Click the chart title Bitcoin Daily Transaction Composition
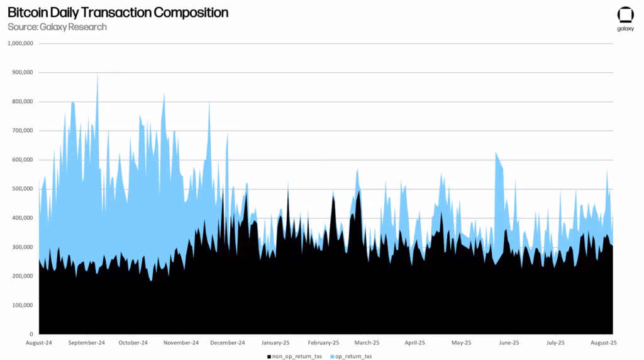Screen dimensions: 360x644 click(x=118, y=13)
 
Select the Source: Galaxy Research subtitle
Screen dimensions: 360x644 click(x=57, y=27)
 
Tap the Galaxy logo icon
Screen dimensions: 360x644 click(x=625, y=16)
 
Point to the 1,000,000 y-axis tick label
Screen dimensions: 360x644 click(x=20, y=43)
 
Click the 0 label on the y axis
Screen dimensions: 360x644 click(x=31, y=334)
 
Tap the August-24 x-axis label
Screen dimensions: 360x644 click(x=39, y=343)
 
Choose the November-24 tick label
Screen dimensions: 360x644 click(x=182, y=343)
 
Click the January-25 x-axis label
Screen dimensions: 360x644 click(x=276, y=343)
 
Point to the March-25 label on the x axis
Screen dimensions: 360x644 click(x=367, y=343)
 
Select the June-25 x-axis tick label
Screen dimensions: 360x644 click(x=508, y=343)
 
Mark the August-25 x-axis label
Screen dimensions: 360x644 click(x=604, y=343)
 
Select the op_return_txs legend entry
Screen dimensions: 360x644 click(x=354, y=356)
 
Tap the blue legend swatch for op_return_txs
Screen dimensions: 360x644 click(x=332, y=356)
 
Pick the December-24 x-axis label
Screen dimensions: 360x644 click(x=228, y=343)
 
